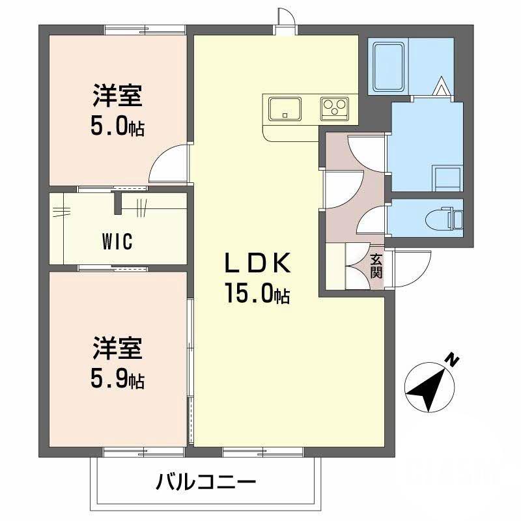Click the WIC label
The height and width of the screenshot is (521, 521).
click(117, 241)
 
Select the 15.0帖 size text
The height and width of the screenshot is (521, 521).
click(257, 294)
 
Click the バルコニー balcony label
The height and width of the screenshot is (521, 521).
click(206, 483)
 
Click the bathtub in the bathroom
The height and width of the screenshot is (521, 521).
click(389, 65)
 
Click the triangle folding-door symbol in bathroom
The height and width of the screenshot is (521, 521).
click(441, 86)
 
